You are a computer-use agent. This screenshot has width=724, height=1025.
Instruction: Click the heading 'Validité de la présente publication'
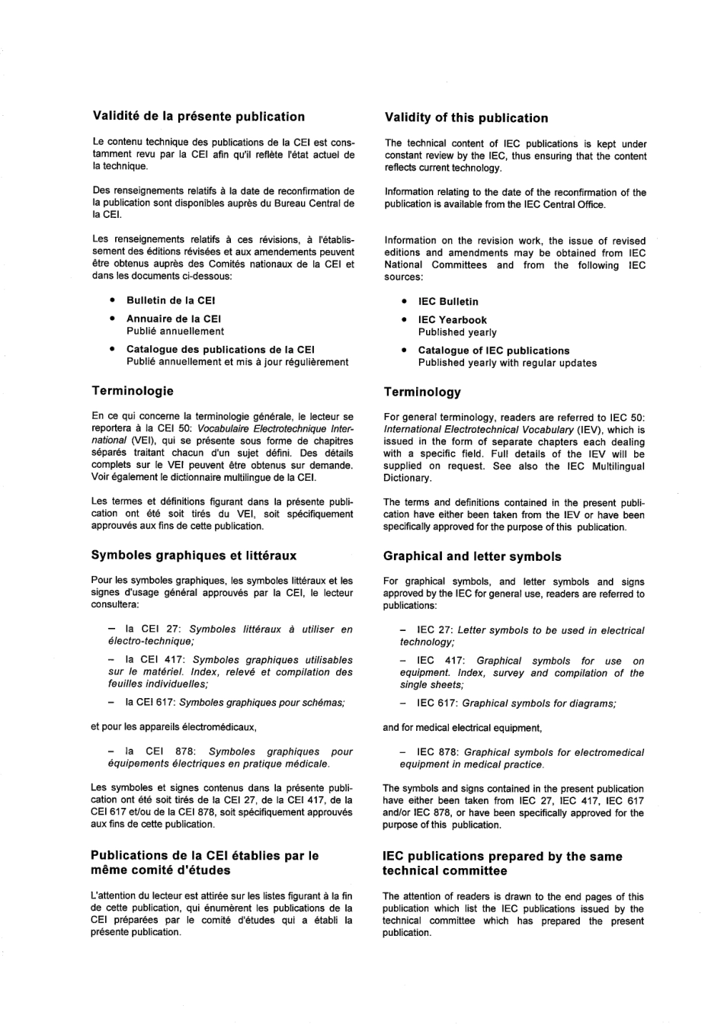[x=198, y=117]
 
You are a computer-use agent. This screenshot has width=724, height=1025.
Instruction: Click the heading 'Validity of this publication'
[x=466, y=118]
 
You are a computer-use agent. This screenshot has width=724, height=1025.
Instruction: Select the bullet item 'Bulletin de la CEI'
[x=171, y=300]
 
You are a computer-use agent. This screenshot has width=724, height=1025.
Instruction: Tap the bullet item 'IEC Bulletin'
[x=448, y=302]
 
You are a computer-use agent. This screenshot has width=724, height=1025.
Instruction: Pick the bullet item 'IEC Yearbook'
[x=452, y=320]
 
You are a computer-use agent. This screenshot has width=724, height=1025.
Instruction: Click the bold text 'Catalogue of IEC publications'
[x=493, y=351]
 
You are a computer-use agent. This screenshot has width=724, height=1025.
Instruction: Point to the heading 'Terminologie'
[x=133, y=391]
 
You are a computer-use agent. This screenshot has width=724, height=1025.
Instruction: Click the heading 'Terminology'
[x=422, y=392]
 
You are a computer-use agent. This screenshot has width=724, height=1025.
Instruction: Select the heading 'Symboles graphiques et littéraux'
[x=194, y=556]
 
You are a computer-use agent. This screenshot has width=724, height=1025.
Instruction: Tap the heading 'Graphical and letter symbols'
[x=472, y=557]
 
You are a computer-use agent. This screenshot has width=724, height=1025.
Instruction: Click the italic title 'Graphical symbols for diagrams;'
[x=539, y=703]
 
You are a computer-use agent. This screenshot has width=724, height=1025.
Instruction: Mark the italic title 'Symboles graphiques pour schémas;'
[x=261, y=703]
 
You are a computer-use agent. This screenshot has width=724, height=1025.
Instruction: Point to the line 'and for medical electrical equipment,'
[x=462, y=728]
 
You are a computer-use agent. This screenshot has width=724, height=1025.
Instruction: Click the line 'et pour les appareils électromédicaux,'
[x=173, y=727]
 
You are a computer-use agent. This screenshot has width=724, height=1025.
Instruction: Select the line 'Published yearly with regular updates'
[x=507, y=363]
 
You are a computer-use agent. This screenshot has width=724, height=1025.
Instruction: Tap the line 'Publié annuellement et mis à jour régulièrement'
[x=237, y=362]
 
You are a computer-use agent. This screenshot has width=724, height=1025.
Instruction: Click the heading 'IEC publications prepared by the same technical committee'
[x=502, y=863]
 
